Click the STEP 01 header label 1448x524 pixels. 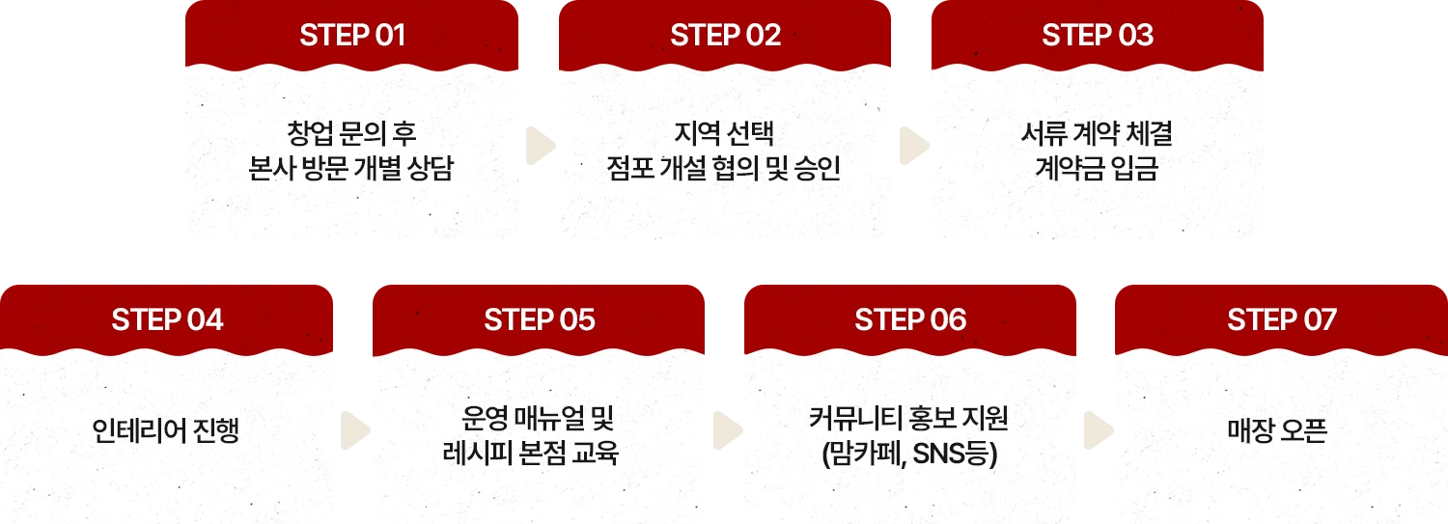352,36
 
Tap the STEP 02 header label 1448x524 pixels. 725,36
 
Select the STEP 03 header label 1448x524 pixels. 1097,36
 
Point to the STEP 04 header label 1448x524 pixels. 167,319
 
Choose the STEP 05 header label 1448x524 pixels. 540,319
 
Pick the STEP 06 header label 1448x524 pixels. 910,319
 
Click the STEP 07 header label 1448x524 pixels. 1282,319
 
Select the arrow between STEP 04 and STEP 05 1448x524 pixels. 355,429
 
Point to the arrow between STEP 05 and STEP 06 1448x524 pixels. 726,429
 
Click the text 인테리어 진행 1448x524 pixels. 165,430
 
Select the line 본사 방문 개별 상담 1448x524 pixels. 351,169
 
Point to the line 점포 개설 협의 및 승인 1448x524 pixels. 724,169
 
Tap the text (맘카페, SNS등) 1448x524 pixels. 908,452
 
